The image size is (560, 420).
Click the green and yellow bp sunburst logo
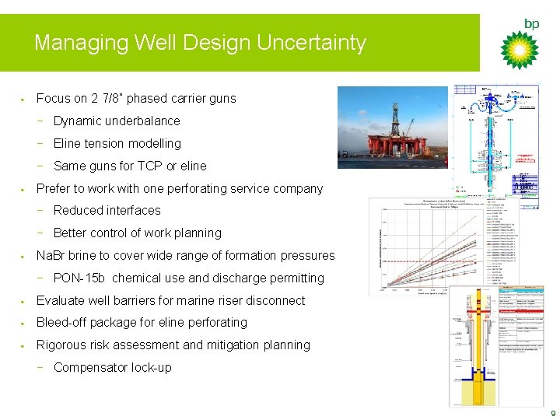point(519,49)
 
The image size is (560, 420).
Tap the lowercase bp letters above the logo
point(531,24)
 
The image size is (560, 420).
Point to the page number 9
point(552,412)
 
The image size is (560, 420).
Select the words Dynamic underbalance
point(117,121)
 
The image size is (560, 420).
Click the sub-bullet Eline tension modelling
point(117,144)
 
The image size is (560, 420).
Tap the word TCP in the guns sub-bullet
point(149,166)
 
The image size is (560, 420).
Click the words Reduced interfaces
point(107,211)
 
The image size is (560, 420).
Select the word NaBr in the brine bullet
point(51,256)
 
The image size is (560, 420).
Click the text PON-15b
point(80,278)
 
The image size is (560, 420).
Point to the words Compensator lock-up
point(113,368)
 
